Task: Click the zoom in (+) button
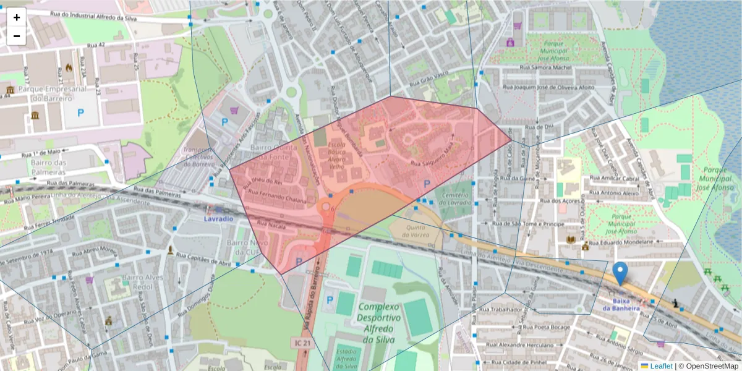tap(17, 17)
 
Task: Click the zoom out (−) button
tap(17, 36)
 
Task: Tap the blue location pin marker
tap(620, 273)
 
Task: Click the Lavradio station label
tap(219, 219)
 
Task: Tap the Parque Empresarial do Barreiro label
tap(52, 93)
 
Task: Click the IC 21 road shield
tap(300, 342)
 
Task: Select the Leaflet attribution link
tap(660, 366)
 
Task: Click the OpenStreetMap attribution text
tap(708, 366)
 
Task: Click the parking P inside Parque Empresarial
tap(80, 113)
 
